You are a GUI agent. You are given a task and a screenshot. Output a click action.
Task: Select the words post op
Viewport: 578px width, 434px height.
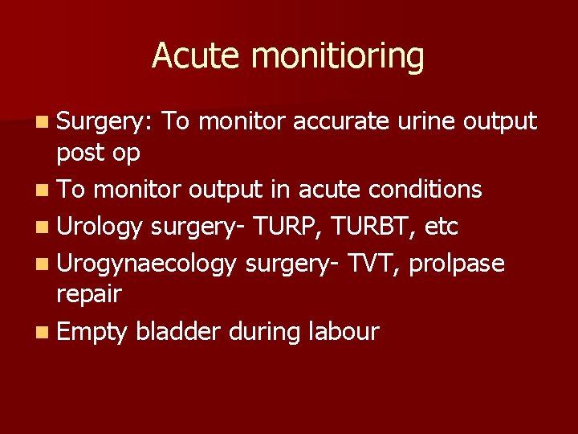(x=98, y=153)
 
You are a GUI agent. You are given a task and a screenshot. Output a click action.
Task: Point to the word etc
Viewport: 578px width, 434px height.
(x=442, y=227)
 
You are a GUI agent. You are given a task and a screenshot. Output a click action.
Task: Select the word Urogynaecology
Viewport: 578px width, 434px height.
(x=147, y=264)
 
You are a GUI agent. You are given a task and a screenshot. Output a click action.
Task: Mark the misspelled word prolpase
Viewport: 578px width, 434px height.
(x=457, y=264)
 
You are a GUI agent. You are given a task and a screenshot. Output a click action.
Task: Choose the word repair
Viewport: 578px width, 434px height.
(x=88, y=294)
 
